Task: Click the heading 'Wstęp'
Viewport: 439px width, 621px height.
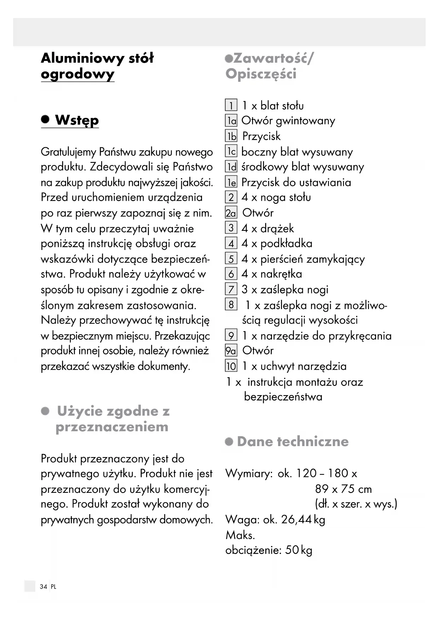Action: pos(77,120)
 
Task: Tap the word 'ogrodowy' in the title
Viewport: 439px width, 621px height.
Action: pos(77,74)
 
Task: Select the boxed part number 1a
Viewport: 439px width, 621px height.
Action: pos(231,121)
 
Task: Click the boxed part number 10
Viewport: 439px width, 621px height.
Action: pos(231,366)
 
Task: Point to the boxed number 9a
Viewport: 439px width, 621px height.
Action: pos(231,351)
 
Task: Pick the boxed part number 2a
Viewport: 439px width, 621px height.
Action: pos(231,213)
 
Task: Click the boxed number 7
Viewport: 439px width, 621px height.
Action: pos(231,289)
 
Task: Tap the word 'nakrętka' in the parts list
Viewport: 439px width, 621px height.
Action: pos(281,274)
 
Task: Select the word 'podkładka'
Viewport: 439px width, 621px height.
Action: pos(286,244)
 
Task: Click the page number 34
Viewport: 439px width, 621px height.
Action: pos(44,587)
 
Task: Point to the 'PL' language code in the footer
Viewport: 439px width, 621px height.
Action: pos(53,587)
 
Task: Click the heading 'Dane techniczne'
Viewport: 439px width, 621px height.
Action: pos(293,441)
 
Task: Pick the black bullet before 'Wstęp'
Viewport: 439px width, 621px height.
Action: pos(45,119)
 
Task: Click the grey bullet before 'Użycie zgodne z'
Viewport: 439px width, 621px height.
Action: pos(45,411)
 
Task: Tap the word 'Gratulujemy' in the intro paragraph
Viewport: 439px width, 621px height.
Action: pos(68,152)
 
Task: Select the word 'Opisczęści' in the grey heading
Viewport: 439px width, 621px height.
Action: pos(261,74)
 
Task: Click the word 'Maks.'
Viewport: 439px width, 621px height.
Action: pos(240,535)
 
